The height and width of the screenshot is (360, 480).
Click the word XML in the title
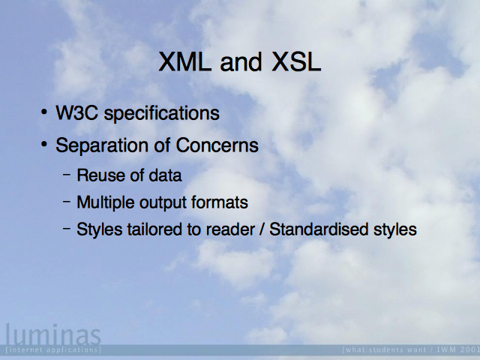point(185,61)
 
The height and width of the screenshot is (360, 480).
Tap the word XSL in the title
point(296,61)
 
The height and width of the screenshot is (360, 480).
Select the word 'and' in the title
point(241,61)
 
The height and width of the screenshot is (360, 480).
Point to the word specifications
point(162,113)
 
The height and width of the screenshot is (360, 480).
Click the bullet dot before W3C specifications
point(44,112)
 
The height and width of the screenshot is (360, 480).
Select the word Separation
point(102,145)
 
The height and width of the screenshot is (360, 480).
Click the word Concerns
point(217,145)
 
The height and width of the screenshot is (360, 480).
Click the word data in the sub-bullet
point(165,175)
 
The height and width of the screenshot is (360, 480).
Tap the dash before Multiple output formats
point(67,202)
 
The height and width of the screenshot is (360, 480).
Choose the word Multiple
point(105,202)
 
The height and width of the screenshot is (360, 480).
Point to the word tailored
point(155,229)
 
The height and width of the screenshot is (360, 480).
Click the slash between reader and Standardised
point(262,229)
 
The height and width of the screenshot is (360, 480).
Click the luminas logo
point(53,335)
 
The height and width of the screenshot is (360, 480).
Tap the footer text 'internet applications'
point(53,349)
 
